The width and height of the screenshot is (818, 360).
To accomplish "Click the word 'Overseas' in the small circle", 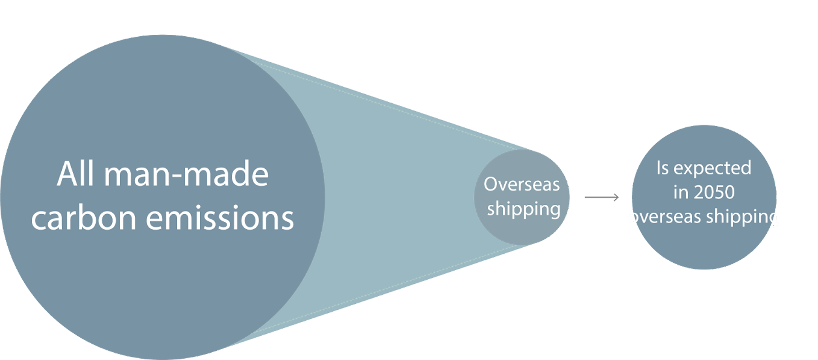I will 521,184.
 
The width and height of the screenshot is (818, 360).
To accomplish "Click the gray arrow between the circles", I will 601,197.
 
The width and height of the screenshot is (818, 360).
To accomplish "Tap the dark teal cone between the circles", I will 397,197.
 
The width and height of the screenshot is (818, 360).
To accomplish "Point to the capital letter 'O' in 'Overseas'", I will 491,184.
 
